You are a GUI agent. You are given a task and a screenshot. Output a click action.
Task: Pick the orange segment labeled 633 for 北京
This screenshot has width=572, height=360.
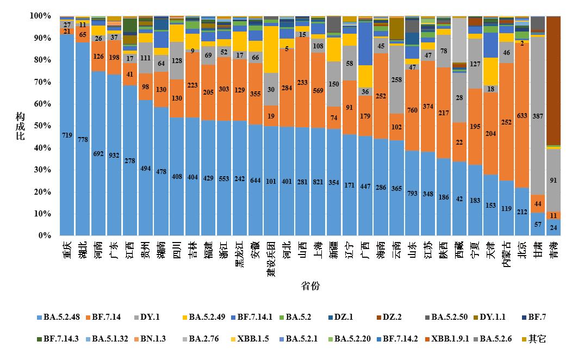[522, 115]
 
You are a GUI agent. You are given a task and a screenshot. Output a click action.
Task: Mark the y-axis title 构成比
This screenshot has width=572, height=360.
[20, 126]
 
